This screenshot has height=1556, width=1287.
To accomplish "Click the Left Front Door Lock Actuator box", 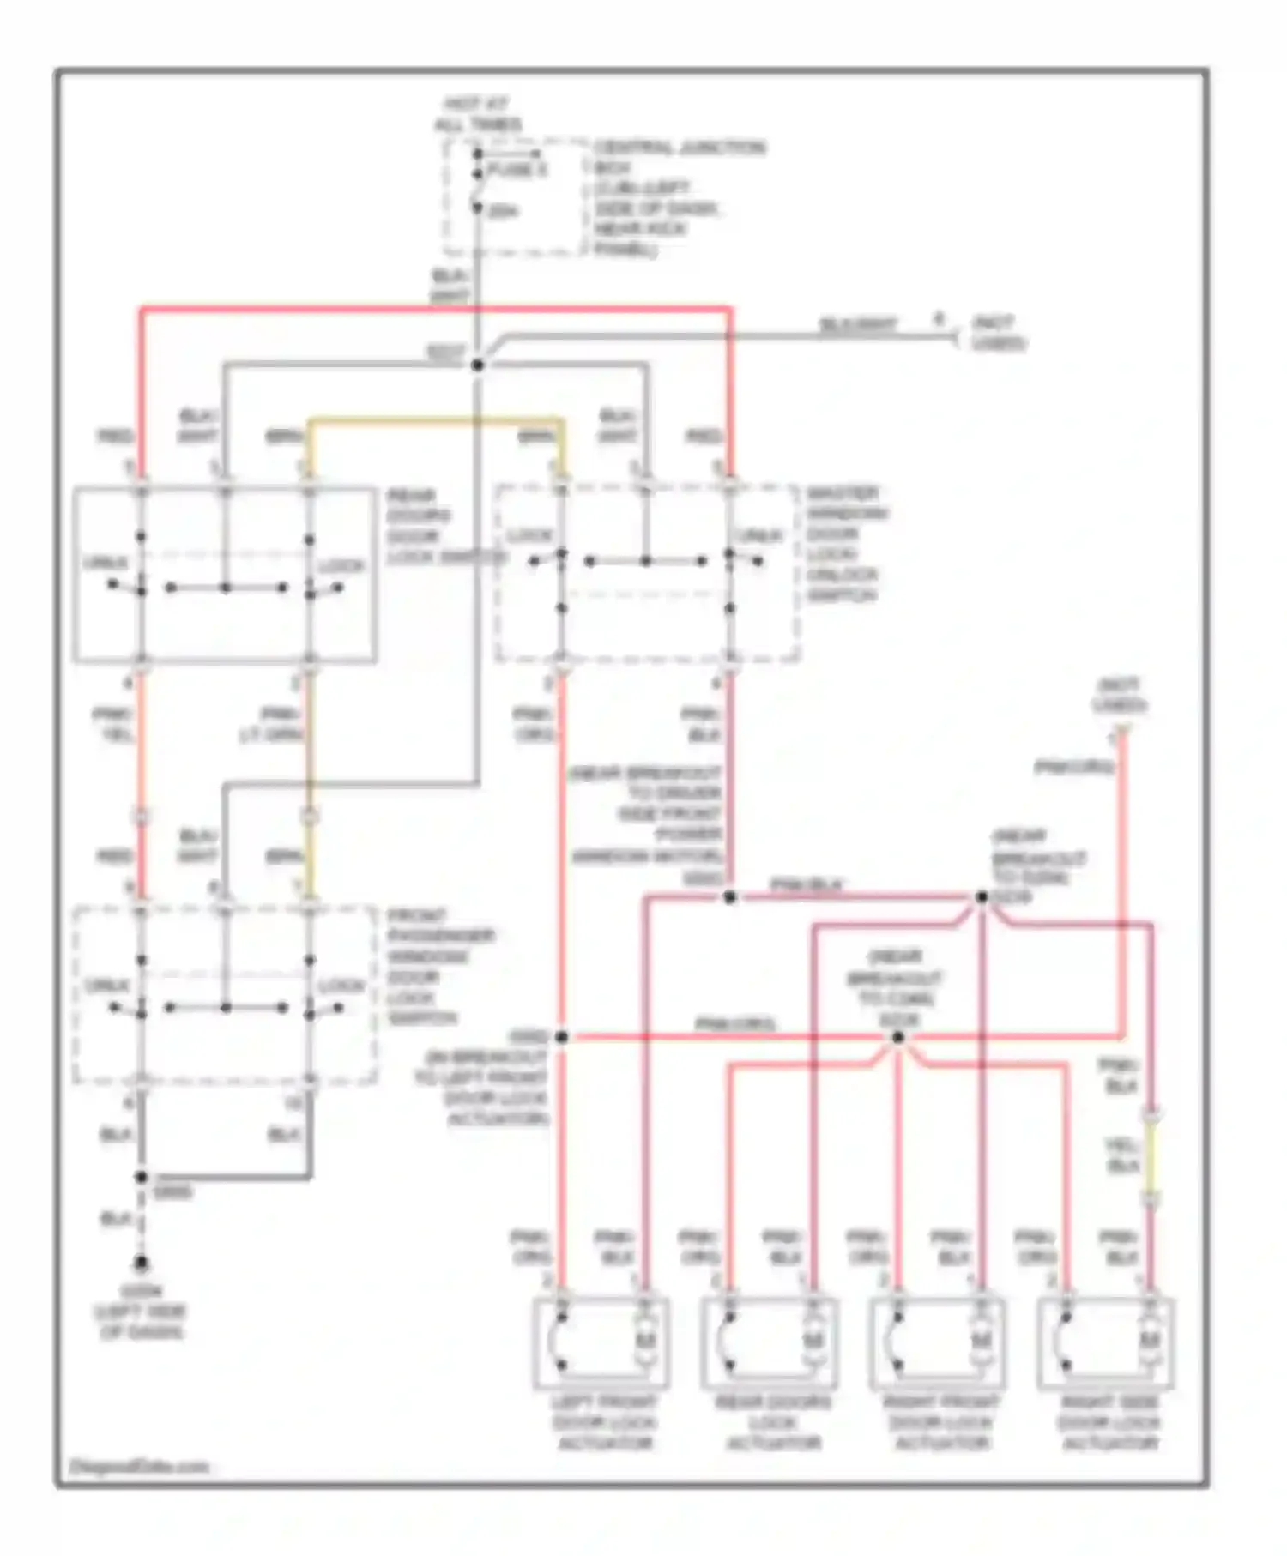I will pyautogui.click(x=601, y=1343).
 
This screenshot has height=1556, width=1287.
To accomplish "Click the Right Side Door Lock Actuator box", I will pyautogui.click(x=1106, y=1343).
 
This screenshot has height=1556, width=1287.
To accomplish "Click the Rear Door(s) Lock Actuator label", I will pyautogui.click(x=773, y=1423).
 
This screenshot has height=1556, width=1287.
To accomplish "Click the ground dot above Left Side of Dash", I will pyautogui.click(x=140, y=1263).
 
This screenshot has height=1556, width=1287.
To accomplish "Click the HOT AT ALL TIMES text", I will pyautogui.click(x=479, y=115).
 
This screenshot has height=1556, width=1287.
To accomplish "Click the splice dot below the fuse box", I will pyautogui.click(x=478, y=365).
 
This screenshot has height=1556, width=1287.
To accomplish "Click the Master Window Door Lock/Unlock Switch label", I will pyautogui.click(x=844, y=544).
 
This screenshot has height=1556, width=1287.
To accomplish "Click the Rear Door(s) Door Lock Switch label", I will pyautogui.click(x=438, y=527).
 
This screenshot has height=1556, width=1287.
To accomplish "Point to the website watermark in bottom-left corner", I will pyautogui.click(x=137, y=1466).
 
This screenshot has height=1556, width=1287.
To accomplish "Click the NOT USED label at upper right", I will pyautogui.click(x=998, y=333).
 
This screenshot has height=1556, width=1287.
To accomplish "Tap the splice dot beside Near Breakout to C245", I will pyautogui.click(x=981, y=897).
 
